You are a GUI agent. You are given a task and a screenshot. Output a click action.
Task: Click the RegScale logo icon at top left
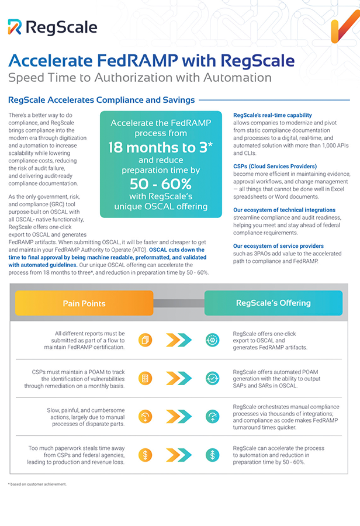click(x=15, y=26)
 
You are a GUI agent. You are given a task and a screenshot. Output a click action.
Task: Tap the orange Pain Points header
click(x=84, y=303)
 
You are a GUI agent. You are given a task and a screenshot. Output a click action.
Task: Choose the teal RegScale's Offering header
click(x=273, y=303)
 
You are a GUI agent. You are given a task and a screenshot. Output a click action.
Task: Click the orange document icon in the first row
click(x=146, y=340)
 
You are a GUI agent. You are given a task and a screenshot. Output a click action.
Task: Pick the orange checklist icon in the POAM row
click(x=146, y=378)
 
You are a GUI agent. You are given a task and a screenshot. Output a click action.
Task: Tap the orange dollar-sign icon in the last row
click(x=146, y=454)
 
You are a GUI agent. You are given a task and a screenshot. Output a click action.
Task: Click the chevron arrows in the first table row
click(x=179, y=340)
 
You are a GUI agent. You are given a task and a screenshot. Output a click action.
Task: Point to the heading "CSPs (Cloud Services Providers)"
click(x=275, y=167)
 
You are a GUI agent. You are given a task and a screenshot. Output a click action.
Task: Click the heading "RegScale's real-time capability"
click(x=272, y=116)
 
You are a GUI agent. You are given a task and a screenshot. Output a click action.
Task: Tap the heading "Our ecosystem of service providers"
click(x=278, y=246)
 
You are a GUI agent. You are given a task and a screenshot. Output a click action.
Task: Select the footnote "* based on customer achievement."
click(x=37, y=485)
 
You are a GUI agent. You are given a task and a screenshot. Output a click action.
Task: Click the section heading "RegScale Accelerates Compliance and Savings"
click(x=102, y=100)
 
